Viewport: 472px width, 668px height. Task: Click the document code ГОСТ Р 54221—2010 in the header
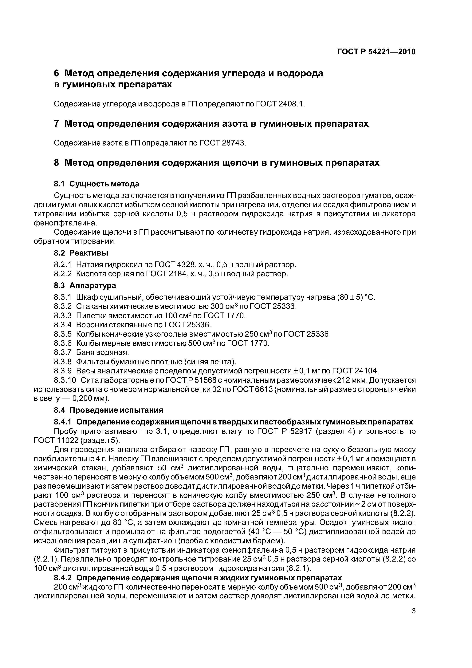click(376, 52)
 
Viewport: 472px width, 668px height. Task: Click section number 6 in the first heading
click(57, 73)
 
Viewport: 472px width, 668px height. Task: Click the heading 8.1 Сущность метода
click(96, 184)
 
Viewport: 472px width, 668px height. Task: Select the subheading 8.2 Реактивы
click(81, 253)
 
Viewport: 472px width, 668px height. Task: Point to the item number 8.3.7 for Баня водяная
click(63, 352)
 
